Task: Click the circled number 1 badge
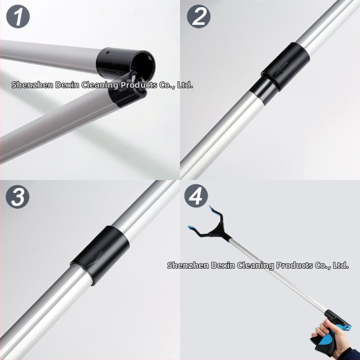click(x=18, y=17)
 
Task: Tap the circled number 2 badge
click(x=198, y=17)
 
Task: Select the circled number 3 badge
click(x=18, y=197)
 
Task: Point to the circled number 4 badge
click(x=196, y=196)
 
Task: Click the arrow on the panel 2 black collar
click(x=282, y=69)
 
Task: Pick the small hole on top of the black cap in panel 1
click(x=107, y=52)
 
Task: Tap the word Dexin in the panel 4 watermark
click(x=222, y=265)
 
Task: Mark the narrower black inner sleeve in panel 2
click(x=262, y=91)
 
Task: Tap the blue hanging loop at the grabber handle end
click(x=346, y=326)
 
